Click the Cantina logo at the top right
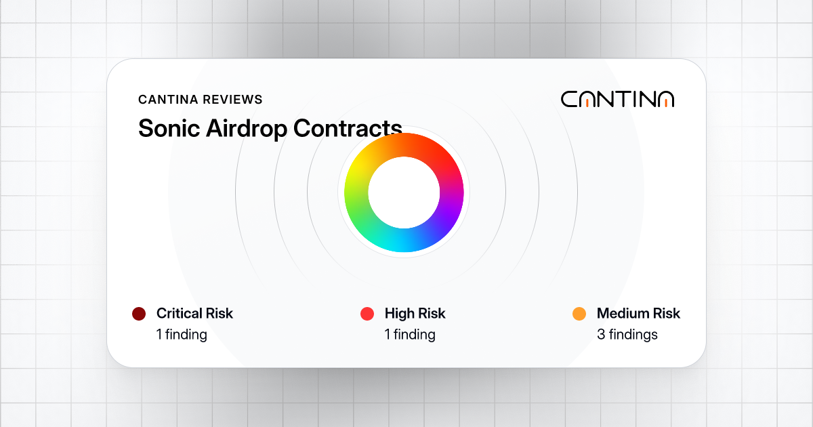(x=617, y=99)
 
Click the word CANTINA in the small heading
(x=167, y=100)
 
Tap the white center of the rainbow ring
(x=404, y=193)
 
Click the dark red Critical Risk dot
(x=139, y=314)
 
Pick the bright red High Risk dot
(x=367, y=314)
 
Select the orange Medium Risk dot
(x=579, y=314)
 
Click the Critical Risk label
(x=194, y=314)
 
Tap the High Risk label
(x=415, y=314)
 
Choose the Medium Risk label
(x=638, y=314)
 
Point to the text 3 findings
(x=627, y=334)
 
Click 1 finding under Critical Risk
(x=182, y=334)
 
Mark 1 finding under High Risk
(x=410, y=334)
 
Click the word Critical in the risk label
(x=180, y=314)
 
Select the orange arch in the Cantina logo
(x=666, y=102)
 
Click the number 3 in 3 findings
(x=601, y=334)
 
